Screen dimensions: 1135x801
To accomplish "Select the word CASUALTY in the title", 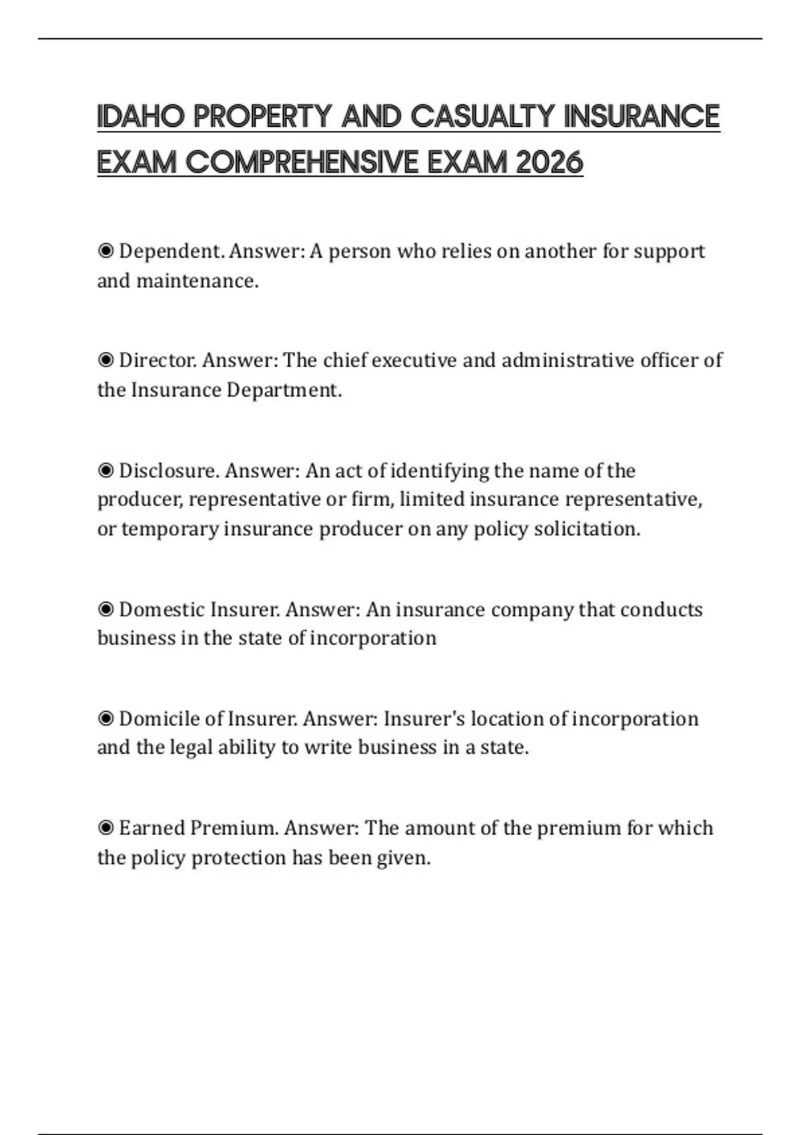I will click(482, 117).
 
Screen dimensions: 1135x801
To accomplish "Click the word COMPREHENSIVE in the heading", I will click(302, 162).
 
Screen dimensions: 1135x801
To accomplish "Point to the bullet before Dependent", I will click(105, 251).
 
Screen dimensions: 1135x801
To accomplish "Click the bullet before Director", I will click(105, 361).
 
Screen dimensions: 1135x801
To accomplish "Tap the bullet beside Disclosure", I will click(105, 471).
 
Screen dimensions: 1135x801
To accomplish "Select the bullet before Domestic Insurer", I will click(105, 610).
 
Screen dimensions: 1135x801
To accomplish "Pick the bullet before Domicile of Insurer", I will click(105, 719).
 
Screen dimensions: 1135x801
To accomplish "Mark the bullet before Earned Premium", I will click(105, 829).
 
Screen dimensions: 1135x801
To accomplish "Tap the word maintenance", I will click(197, 281).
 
